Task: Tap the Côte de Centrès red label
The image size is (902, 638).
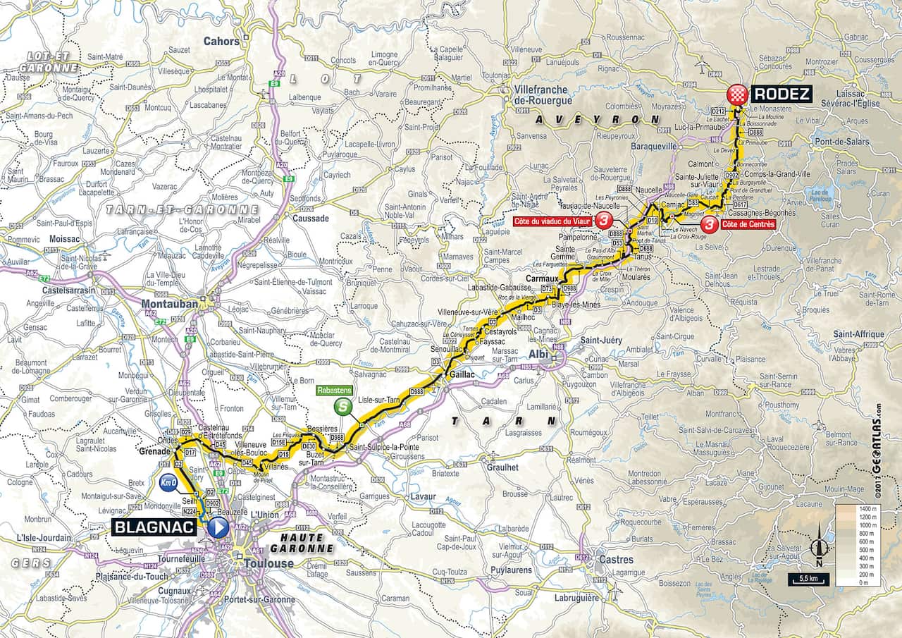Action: (x=748, y=224)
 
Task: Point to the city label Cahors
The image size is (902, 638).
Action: (x=221, y=41)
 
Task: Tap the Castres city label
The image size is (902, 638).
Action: (x=615, y=560)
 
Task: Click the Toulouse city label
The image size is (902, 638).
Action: (x=268, y=563)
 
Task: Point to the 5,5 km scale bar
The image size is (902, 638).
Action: (x=809, y=579)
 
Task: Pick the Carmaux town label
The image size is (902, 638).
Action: (x=541, y=278)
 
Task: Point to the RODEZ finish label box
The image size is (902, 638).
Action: (x=781, y=94)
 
